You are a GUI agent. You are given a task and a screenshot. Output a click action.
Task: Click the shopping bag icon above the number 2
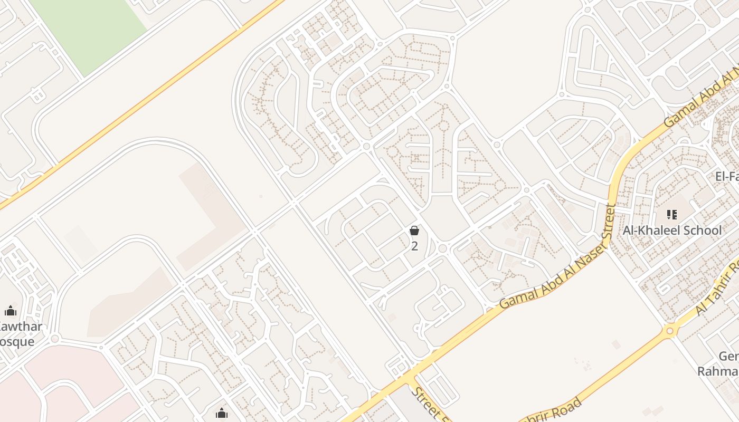tap(414, 231)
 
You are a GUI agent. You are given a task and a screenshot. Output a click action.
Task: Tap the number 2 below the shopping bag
tap(414, 246)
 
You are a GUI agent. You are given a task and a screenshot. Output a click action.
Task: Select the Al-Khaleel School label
tap(672, 230)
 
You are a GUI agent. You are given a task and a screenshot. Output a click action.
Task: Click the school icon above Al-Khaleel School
tap(672, 214)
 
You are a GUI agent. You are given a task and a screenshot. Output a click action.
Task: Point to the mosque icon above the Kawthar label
tap(11, 311)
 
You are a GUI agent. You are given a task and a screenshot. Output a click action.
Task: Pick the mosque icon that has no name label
tap(222, 413)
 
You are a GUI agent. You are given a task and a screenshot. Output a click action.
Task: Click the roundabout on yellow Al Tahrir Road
tap(670, 331)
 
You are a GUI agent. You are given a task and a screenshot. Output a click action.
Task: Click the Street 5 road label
tap(430, 405)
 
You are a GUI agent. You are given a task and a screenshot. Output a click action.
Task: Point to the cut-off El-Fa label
tap(727, 177)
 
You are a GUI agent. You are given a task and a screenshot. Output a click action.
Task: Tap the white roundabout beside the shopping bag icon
tap(442, 248)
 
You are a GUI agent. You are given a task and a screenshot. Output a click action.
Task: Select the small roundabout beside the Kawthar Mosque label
tap(54, 338)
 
